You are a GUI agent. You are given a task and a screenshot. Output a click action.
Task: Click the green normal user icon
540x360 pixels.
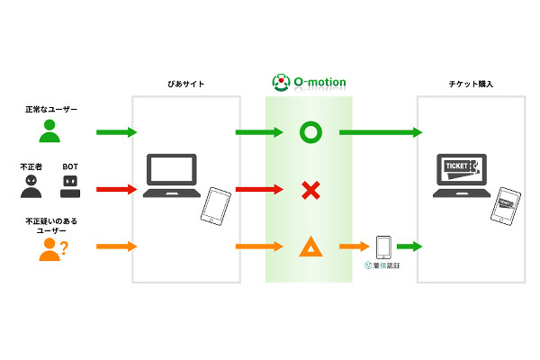tap(51, 132)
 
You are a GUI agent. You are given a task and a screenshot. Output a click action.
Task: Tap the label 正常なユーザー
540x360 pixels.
tap(51, 110)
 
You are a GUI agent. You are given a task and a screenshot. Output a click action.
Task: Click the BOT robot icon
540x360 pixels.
tap(70, 186)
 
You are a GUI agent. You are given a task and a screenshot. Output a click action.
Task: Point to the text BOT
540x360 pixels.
tap(70, 166)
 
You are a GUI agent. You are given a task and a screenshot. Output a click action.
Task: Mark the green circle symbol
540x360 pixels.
tap(310, 133)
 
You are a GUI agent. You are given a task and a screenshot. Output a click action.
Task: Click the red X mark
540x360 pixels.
tap(310, 190)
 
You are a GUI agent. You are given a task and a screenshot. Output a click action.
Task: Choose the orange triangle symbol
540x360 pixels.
tap(310, 246)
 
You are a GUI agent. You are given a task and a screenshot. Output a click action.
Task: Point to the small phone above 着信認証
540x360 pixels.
tap(382, 246)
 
